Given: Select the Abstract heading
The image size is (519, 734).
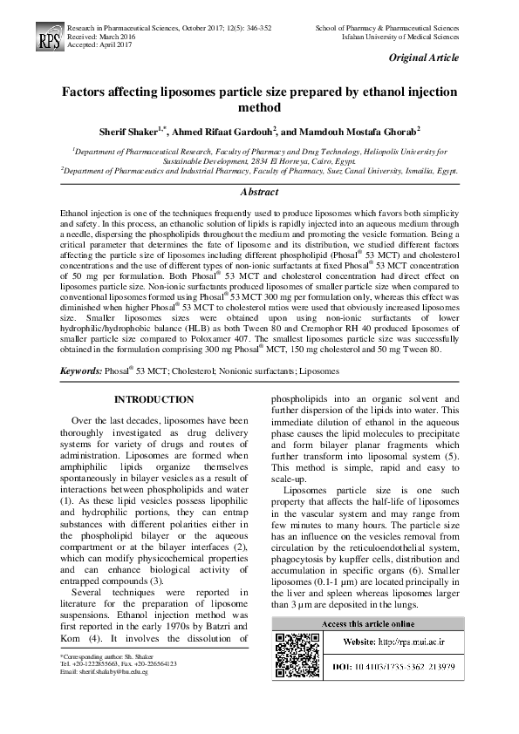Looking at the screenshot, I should pos(259,192).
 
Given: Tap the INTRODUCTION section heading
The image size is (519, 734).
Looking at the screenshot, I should pos(154,399).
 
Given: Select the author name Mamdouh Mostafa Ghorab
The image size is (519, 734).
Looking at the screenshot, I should pos(353,131).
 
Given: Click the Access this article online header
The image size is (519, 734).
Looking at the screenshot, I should pos(368,624).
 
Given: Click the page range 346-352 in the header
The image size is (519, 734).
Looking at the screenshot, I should pos(254,29).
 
